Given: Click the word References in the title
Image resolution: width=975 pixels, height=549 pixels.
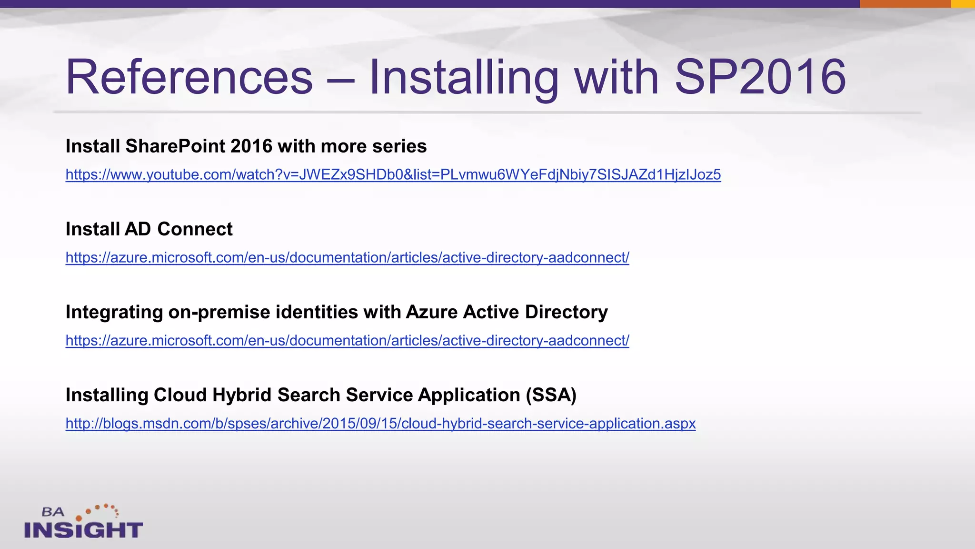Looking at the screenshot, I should tap(189, 77).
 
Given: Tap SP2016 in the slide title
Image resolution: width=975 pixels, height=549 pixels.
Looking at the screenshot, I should tap(760, 77).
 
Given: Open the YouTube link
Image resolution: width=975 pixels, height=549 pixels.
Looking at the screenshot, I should tap(393, 175).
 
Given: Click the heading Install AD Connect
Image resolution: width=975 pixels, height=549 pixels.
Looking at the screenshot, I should tap(149, 229).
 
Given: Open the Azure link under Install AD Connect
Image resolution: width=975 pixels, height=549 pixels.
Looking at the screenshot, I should tap(347, 258).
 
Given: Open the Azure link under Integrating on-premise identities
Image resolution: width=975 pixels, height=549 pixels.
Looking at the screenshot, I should tap(347, 341).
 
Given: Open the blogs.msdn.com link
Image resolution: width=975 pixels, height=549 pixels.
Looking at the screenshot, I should tap(380, 424).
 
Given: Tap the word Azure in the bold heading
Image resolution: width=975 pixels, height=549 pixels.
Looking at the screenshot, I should tap(431, 312).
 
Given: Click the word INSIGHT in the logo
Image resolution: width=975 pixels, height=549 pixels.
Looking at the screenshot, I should tap(84, 530).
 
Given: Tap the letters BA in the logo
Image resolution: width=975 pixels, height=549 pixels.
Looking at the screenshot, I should tap(53, 512).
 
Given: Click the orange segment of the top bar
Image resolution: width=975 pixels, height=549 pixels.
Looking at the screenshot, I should tap(905, 4).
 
